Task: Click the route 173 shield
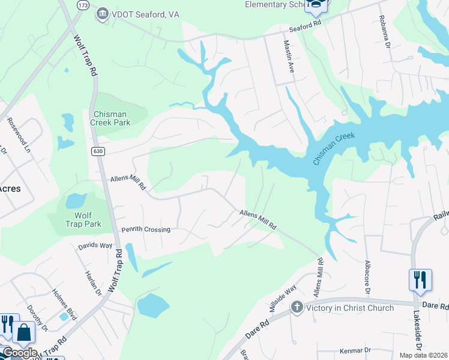(x=82, y=4)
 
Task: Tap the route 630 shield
(x=97, y=152)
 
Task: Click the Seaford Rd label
(x=306, y=26)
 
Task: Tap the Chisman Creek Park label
(x=110, y=118)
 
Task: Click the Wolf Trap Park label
(x=83, y=220)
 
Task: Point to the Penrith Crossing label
(x=146, y=230)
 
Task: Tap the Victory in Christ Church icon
(x=297, y=308)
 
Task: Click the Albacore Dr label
(x=366, y=277)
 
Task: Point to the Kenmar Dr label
(x=355, y=350)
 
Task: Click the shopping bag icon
(x=23, y=332)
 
